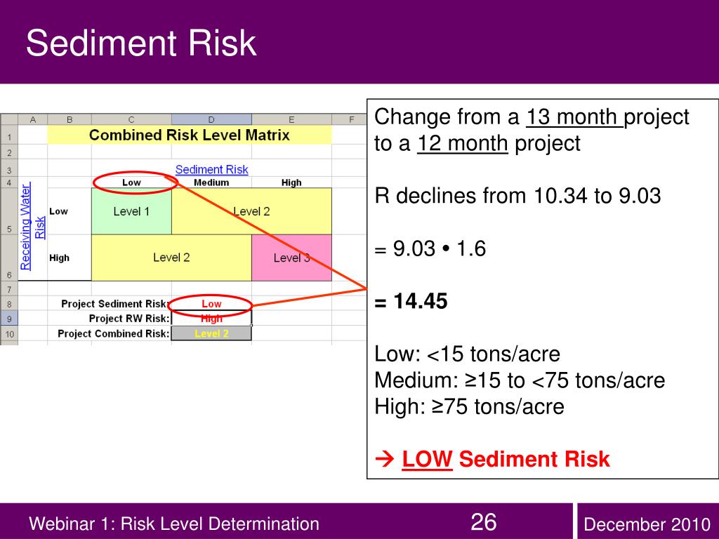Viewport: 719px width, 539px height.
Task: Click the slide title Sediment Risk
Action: (x=141, y=44)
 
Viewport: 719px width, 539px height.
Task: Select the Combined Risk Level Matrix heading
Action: (x=189, y=135)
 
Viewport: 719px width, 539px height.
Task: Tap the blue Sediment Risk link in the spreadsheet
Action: (x=211, y=169)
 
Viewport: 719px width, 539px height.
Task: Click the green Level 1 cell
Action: (x=131, y=211)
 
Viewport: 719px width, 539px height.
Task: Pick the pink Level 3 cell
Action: (x=291, y=258)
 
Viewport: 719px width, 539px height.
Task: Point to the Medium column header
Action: (x=211, y=182)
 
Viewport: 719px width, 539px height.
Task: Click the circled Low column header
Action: (x=131, y=182)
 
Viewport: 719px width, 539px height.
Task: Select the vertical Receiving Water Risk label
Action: (x=32, y=226)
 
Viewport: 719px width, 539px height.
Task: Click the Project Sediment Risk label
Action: (x=115, y=304)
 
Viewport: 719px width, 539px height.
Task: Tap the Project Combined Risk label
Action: (x=114, y=333)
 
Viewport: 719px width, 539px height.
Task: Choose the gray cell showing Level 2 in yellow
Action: (x=211, y=333)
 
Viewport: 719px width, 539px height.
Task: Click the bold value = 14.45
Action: (x=411, y=301)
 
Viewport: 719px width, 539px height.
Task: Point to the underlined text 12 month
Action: (x=463, y=144)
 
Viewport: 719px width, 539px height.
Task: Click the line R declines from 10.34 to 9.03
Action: (x=517, y=196)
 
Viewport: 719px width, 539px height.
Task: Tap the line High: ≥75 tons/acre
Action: (x=469, y=406)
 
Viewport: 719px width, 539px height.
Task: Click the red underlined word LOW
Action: (x=427, y=460)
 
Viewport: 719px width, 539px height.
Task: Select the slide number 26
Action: (x=483, y=522)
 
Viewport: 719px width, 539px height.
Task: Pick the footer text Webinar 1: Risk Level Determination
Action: (x=173, y=524)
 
